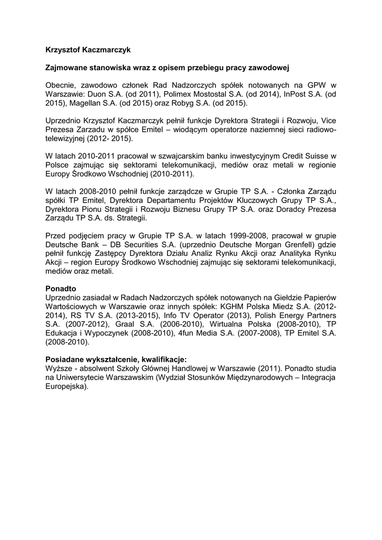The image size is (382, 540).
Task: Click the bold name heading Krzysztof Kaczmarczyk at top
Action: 87,50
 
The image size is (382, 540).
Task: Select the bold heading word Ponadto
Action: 61,288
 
